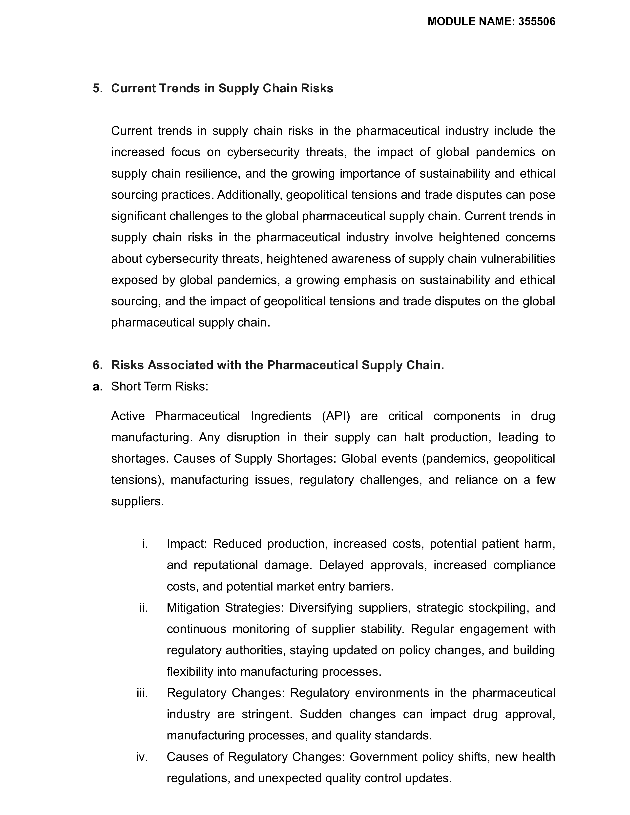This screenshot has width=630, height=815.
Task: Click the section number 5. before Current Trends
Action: tap(97, 88)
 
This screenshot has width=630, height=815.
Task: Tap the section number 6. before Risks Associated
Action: tap(97, 365)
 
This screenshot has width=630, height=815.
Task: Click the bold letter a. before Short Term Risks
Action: tap(97, 387)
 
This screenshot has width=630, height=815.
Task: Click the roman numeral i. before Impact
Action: tap(145, 544)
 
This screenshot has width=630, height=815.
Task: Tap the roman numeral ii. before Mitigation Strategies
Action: tap(144, 608)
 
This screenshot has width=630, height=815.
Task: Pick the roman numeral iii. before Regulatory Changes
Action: tap(142, 693)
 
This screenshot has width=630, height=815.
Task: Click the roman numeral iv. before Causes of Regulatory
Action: tap(142, 757)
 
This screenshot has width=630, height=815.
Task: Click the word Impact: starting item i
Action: tap(187, 544)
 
